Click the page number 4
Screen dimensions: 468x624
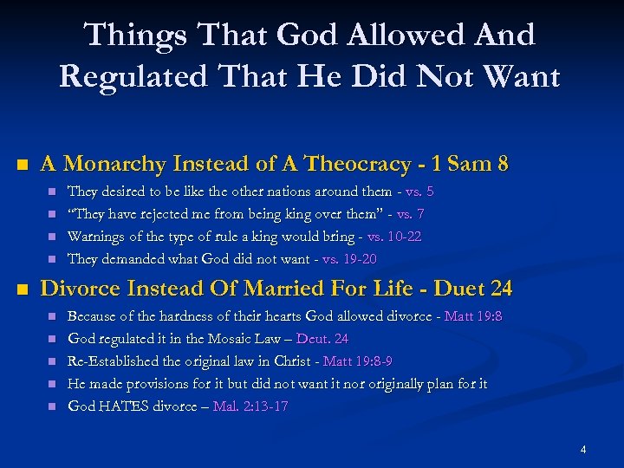tap(583, 450)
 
